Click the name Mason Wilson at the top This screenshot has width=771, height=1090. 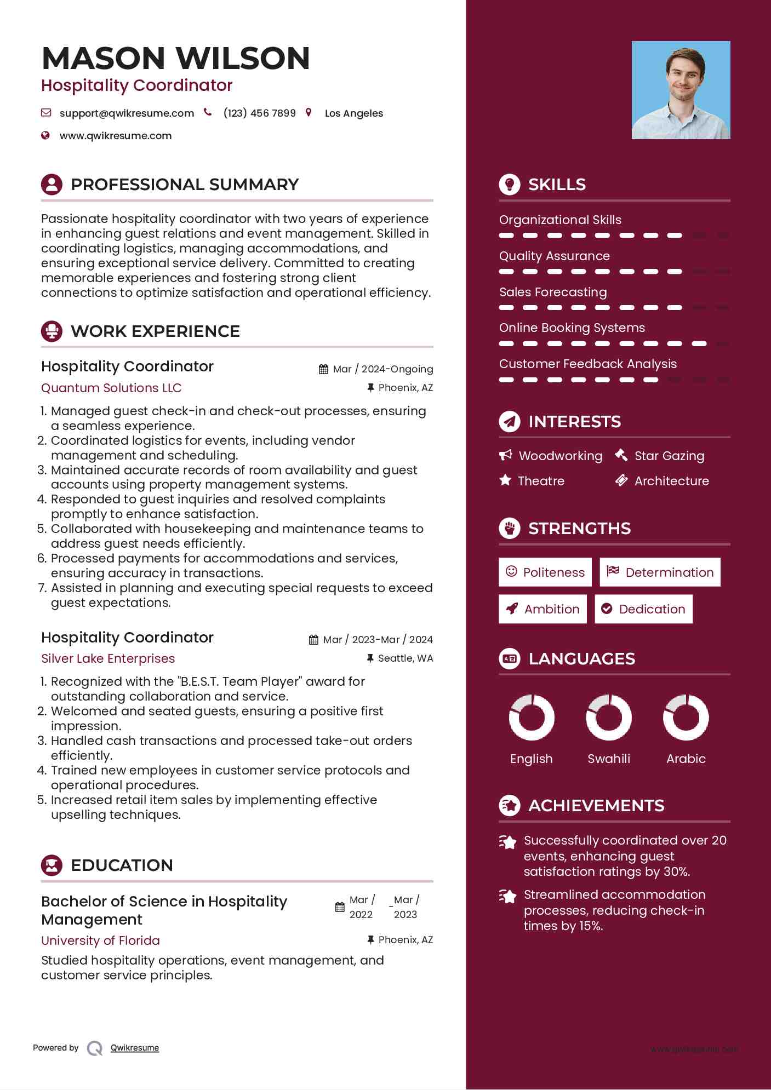(175, 58)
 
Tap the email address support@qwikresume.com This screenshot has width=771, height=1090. (127, 113)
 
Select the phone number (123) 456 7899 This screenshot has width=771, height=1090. (259, 113)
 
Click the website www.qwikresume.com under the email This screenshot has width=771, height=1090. (115, 136)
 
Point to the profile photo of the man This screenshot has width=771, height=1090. (681, 90)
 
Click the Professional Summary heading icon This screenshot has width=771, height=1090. (52, 185)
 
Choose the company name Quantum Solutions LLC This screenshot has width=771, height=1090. (111, 388)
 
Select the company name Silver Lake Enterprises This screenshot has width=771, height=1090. (108, 658)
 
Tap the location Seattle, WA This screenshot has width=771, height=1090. (405, 658)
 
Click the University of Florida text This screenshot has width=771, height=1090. (101, 940)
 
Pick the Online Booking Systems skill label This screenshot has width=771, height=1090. (572, 328)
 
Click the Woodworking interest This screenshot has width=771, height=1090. (560, 456)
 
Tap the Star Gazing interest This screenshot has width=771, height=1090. (669, 456)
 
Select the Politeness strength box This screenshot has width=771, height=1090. (545, 572)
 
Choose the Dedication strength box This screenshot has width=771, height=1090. (643, 609)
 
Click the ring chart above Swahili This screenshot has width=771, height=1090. (608, 718)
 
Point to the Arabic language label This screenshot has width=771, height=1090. (686, 759)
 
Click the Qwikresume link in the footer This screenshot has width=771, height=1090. (135, 1048)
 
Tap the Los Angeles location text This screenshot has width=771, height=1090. (354, 113)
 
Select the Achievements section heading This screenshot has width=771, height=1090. (596, 806)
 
